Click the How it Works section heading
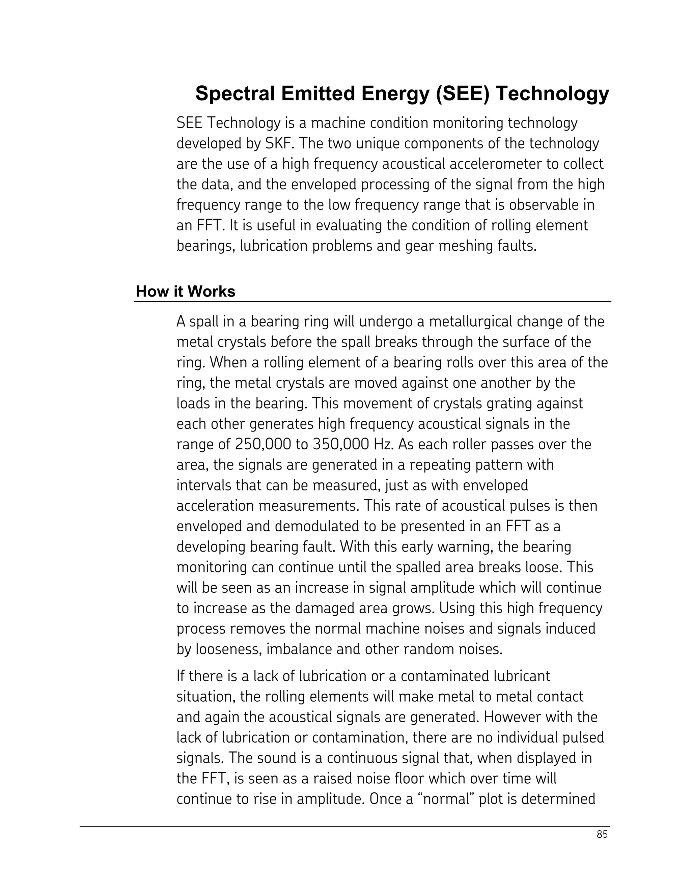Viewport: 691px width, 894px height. [186, 291]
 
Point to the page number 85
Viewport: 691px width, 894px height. [602, 834]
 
